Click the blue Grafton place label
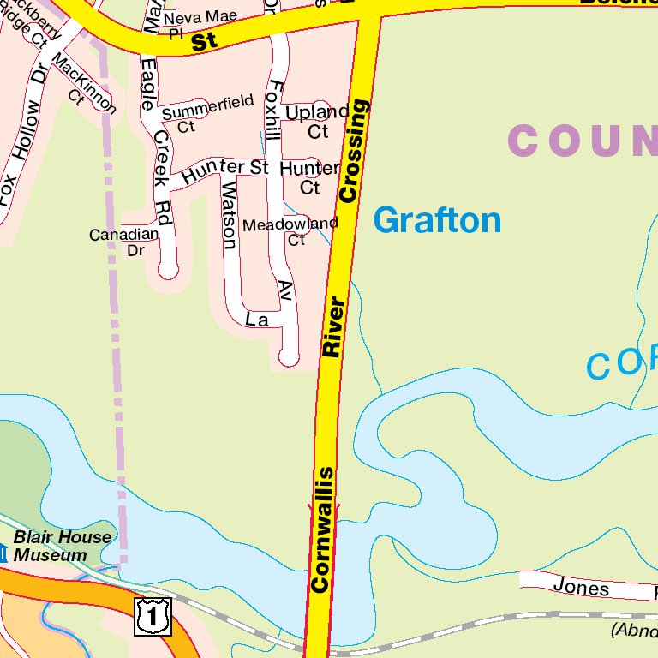pos(437,220)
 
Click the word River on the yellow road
pos(333,326)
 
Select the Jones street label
pos(581,588)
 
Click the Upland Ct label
pos(317,122)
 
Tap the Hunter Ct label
pos(309,176)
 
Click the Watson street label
pos(229,214)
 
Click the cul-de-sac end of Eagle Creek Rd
pos(168,270)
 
